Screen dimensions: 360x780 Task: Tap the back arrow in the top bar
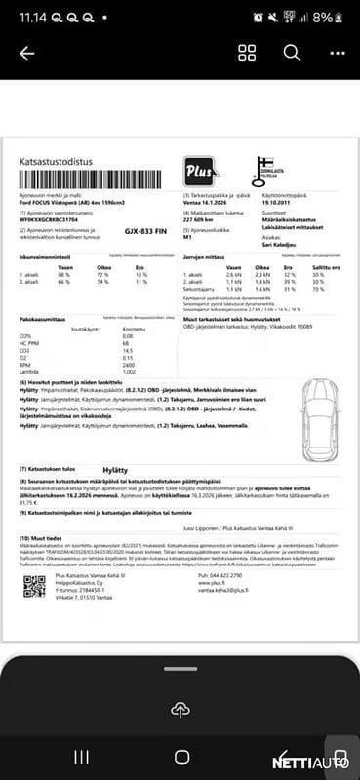click(26, 54)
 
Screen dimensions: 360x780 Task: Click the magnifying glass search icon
click(292, 53)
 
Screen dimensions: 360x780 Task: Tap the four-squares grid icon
click(247, 53)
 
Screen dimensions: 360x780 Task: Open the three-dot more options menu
click(337, 53)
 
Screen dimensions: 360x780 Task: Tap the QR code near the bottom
click(34, 585)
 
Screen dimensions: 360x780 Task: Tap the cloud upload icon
click(180, 709)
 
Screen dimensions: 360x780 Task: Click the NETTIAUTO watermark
click(324, 760)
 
